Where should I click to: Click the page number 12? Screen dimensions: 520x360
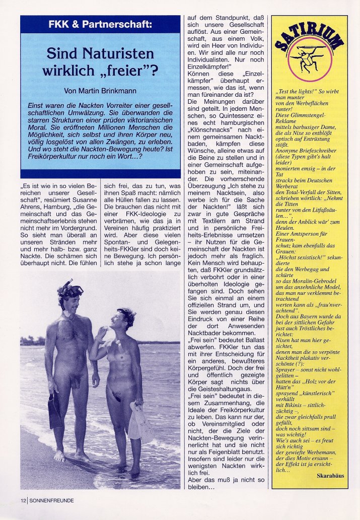(x=23, y=500)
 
